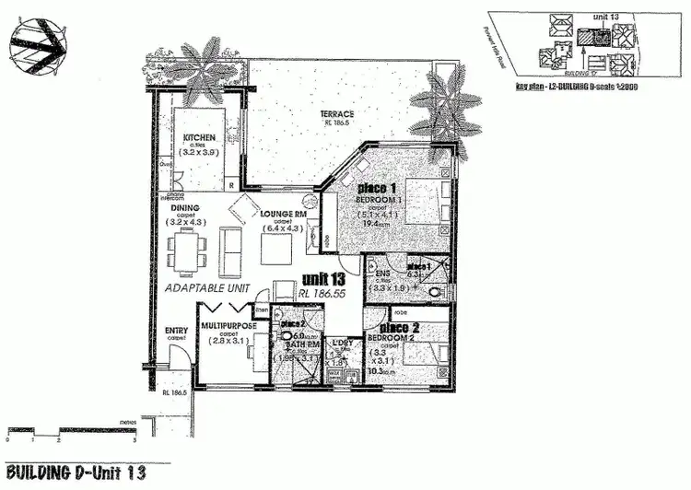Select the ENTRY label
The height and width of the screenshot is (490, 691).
click(175, 331)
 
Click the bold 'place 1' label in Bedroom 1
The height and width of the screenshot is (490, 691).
click(379, 189)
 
